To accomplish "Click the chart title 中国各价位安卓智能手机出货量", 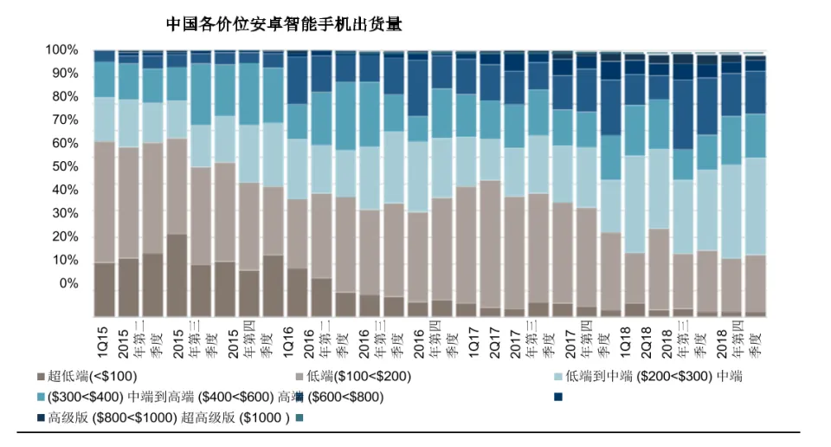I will click(284, 24).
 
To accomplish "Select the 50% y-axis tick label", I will click(65, 167).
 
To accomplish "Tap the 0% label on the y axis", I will click(68, 284).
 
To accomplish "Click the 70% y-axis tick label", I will click(65, 120).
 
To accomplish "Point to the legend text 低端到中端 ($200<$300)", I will click(631, 377).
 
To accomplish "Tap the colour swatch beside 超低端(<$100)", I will click(42, 377).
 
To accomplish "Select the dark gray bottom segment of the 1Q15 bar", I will click(105, 289).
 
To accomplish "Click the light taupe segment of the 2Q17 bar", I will click(490, 243).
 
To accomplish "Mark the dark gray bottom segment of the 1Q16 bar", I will click(297, 292).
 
